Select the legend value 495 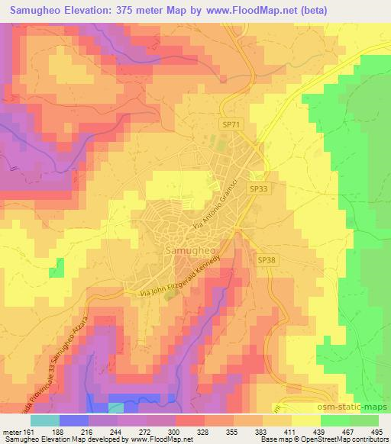(377, 432)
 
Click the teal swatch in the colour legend (45, 420)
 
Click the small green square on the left (56, 270)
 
